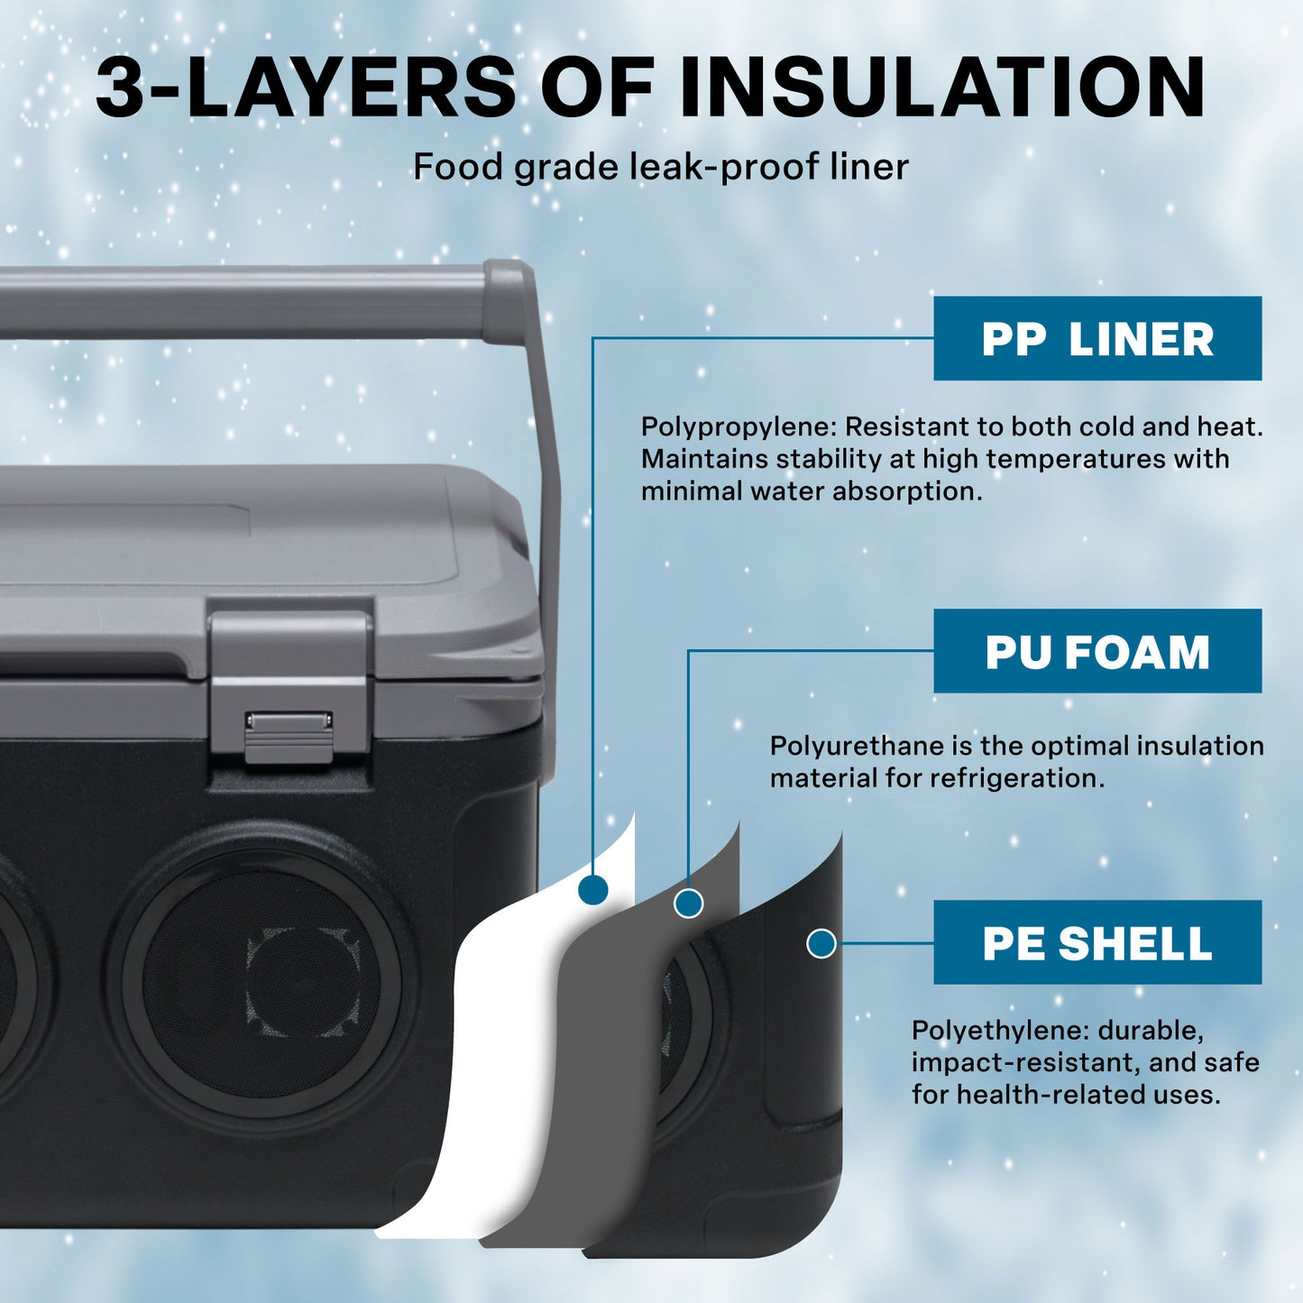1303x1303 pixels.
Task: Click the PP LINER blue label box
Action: pyautogui.click(x=1097, y=338)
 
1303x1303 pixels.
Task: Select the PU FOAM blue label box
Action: pyautogui.click(x=1097, y=651)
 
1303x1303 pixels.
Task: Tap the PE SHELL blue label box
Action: pyautogui.click(x=1097, y=942)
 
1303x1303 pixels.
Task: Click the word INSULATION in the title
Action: pyautogui.click(x=941, y=87)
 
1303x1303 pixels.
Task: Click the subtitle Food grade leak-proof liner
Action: pyautogui.click(x=660, y=167)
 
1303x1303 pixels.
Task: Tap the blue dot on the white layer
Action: pyautogui.click(x=592, y=889)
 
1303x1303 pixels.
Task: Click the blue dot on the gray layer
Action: pyautogui.click(x=688, y=903)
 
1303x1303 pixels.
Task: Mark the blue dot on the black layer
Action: pyautogui.click(x=821, y=943)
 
